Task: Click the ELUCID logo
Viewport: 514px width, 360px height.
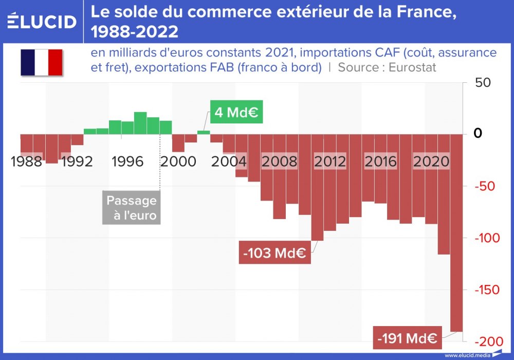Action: pos(42,22)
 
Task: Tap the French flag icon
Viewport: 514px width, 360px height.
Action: pos(41,62)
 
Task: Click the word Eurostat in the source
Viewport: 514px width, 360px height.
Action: pos(413,67)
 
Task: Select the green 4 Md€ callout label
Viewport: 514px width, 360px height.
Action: pos(236,112)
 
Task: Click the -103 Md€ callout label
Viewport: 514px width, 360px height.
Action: pos(274,253)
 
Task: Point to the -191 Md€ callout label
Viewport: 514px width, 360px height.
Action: pos(407,338)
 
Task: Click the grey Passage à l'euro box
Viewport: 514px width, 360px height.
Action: pos(131,208)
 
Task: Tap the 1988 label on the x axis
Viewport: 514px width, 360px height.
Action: pos(26,162)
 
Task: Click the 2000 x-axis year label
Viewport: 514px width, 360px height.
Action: pos(178,162)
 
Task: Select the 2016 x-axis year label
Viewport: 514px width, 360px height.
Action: pos(380,162)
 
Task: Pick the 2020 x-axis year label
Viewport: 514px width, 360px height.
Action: pos(431,162)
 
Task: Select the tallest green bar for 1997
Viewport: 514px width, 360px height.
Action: pos(140,123)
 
